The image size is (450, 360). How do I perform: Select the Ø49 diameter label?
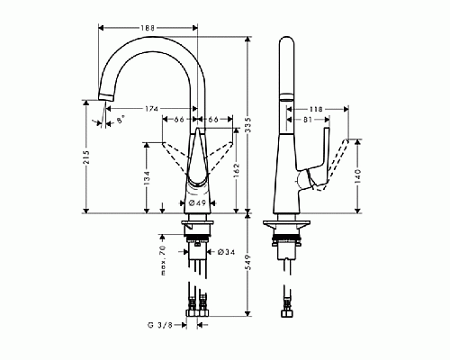[x=200, y=203]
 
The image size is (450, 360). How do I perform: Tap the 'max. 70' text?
[x=164, y=259]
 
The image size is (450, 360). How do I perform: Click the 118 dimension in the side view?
[x=316, y=105]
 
